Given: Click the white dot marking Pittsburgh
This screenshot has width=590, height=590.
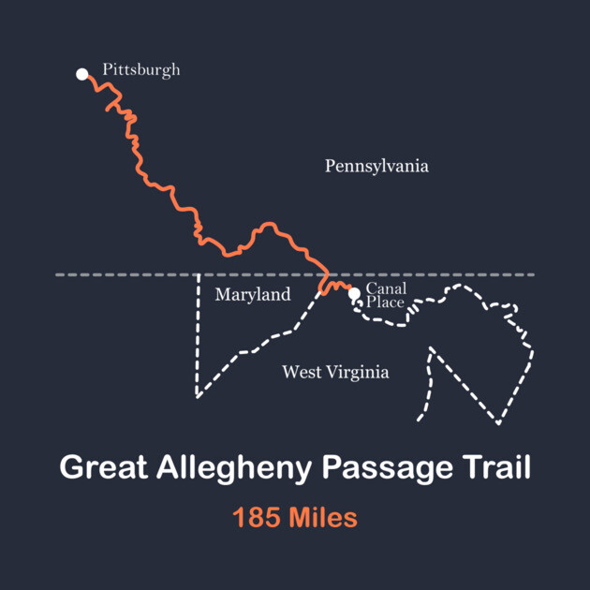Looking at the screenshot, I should click(82, 73).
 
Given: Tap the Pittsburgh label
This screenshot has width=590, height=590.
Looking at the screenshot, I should click(140, 70).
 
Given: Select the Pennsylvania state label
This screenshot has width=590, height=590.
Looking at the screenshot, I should click(376, 167).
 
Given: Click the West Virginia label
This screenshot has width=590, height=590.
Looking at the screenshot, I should click(335, 373).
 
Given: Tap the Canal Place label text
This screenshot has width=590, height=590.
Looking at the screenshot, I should click(386, 295).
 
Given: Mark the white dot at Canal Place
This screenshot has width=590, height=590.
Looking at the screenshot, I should click(354, 294).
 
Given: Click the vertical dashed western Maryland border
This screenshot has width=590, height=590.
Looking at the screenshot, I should click(199, 337).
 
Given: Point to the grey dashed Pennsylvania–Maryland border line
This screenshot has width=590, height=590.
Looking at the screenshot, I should click(450, 275).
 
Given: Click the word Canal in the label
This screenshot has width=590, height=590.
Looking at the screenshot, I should click(386, 288).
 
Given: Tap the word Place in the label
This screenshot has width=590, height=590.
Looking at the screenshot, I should click(385, 302).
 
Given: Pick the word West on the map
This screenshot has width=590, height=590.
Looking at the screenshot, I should click(300, 373).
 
